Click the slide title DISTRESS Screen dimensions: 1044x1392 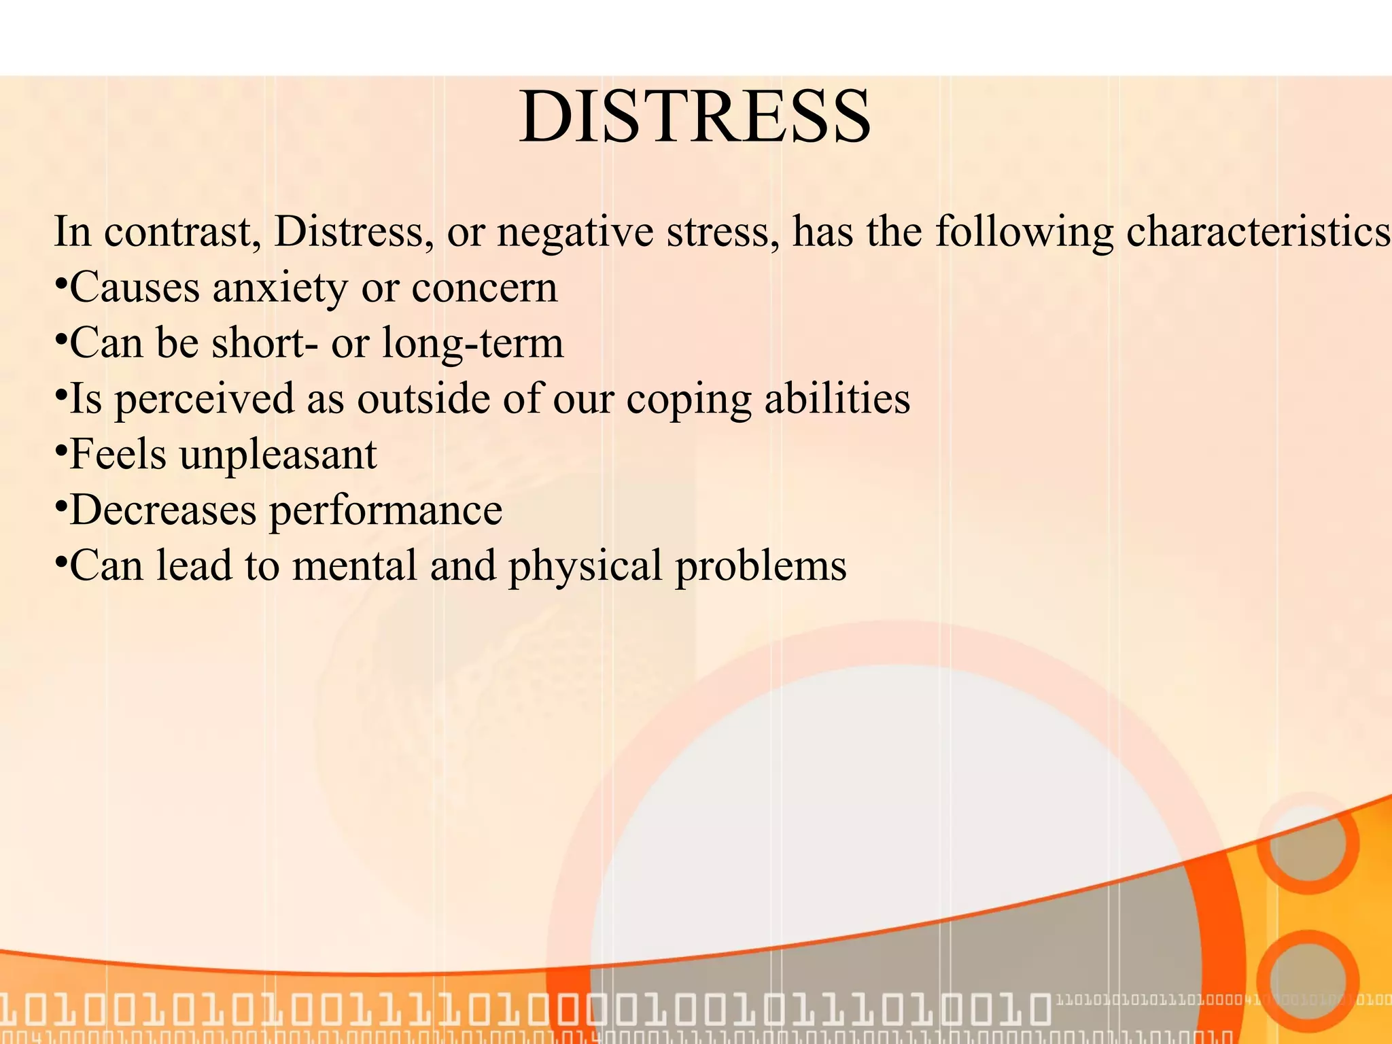coord(695,117)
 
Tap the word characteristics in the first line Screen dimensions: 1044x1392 coord(1257,232)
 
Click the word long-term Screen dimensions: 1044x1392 coord(472,344)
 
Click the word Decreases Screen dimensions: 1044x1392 coord(163,510)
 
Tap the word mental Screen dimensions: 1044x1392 coord(354,565)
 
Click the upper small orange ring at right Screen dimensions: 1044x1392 coord(1308,843)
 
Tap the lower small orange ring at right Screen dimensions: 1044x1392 coord(1308,981)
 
